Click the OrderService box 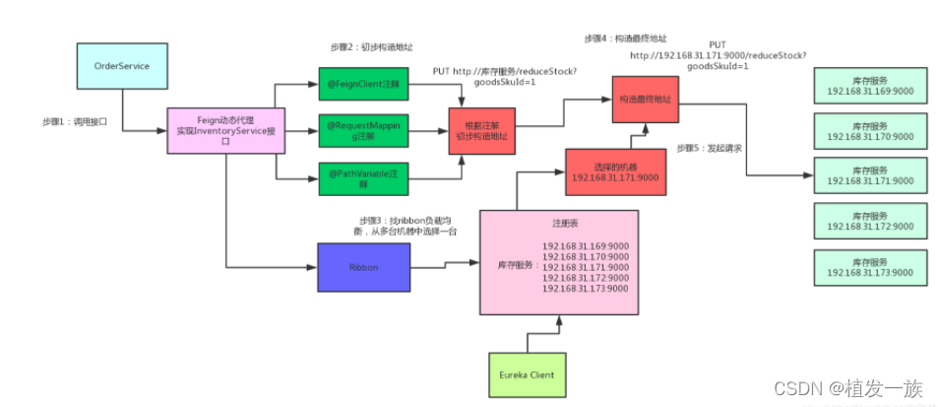pos(120,64)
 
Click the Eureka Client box pos(529,374)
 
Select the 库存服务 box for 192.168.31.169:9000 pos(869,86)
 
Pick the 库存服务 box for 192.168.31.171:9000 pos(869,175)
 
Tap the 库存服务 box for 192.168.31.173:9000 pos(869,268)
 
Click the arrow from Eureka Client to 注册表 pos(558,335)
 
